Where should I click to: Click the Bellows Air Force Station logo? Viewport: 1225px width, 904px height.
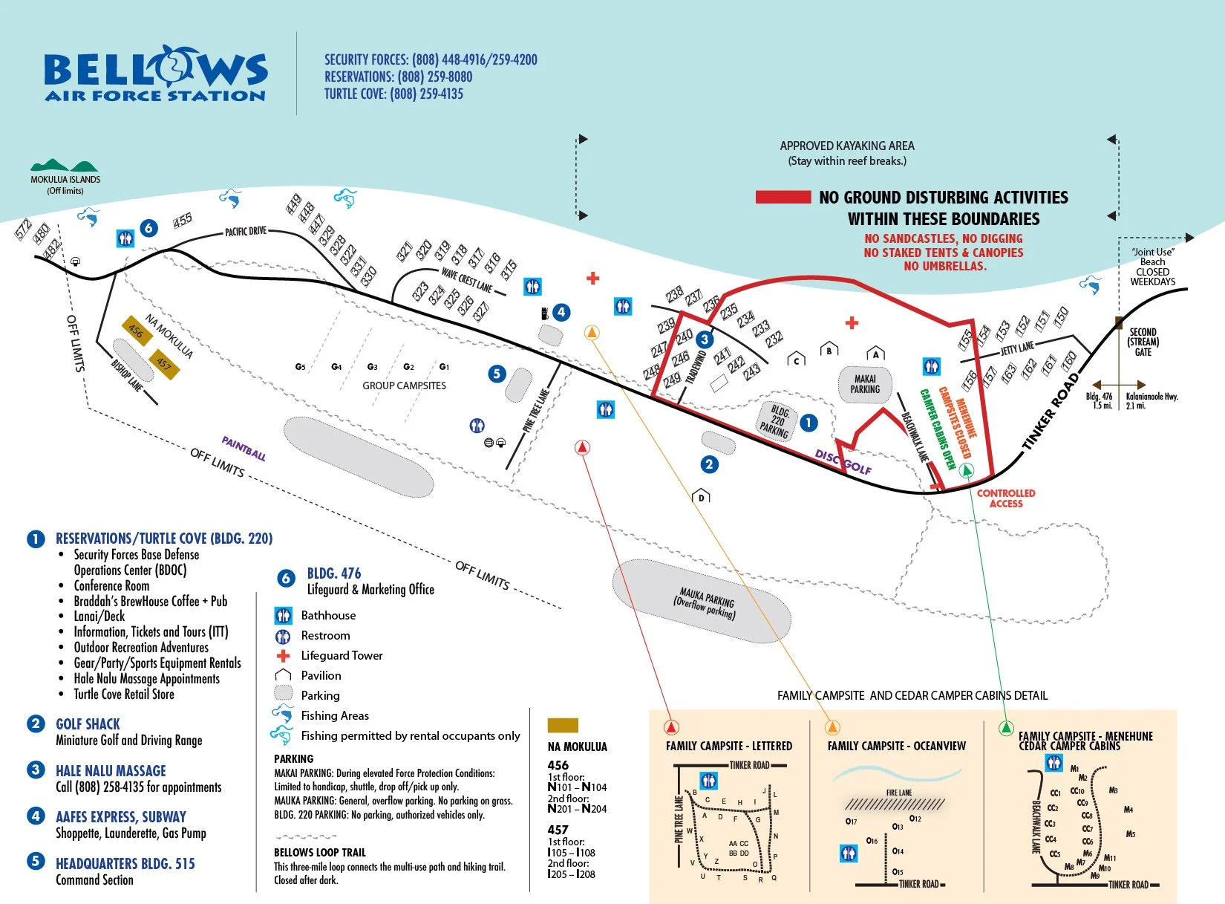(x=155, y=74)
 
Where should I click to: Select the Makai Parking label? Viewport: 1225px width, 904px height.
(x=865, y=384)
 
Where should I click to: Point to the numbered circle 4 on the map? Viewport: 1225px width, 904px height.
(x=561, y=313)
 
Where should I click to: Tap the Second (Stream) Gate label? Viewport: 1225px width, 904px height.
(x=1143, y=342)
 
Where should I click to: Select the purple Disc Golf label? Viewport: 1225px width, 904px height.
(x=843, y=461)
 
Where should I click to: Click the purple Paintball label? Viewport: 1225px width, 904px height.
(x=244, y=449)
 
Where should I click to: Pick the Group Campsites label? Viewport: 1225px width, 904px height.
(x=404, y=386)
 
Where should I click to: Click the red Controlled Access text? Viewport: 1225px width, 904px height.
(x=1005, y=498)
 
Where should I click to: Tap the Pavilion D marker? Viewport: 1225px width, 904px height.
(x=701, y=496)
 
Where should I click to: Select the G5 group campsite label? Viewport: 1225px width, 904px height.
(x=300, y=367)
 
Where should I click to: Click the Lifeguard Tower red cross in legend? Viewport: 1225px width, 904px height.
(x=283, y=656)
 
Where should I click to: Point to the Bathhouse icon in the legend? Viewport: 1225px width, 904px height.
(x=283, y=616)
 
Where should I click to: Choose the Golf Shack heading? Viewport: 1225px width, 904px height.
(x=88, y=724)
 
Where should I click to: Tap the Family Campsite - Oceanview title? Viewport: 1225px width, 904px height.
(x=896, y=746)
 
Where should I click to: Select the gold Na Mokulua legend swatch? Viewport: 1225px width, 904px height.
(x=562, y=726)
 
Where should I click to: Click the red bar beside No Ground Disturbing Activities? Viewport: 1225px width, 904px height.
(x=783, y=197)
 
